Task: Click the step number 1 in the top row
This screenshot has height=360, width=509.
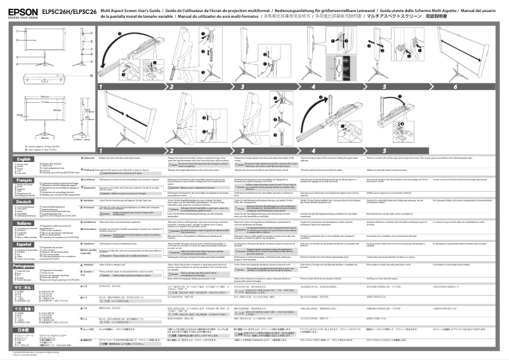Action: point(101,86)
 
